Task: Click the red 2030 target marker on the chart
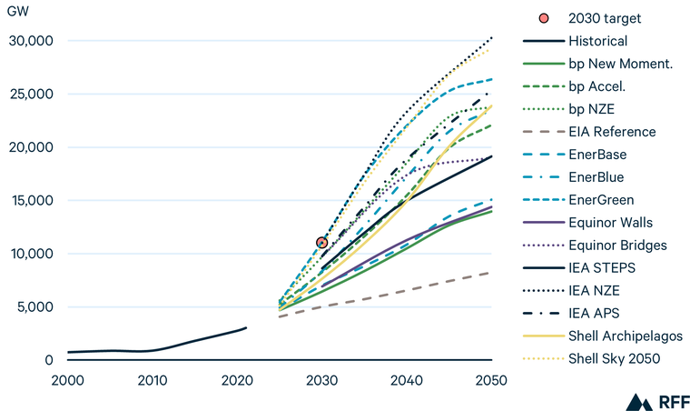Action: pyautogui.click(x=321, y=243)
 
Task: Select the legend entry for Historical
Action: pyautogui.click(x=597, y=41)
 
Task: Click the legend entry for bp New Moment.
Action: pyautogui.click(x=620, y=64)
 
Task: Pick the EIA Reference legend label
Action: pyautogui.click(x=611, y=132)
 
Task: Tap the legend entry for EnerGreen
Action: pyautogui.click(x=601, y=200)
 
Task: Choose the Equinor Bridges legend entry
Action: pyautogui.click(x=616, y=246)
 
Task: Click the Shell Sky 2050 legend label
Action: pyautogui.click(x=614, y=359)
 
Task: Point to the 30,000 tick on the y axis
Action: pyautogui.click(x=33, y=41)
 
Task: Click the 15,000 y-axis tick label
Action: pyautogui.click(x=33, y=200)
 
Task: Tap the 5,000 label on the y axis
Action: pyautogui.click(x=36, y=307)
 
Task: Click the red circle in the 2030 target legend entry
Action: pyautogui.click(x=542, y=18)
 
